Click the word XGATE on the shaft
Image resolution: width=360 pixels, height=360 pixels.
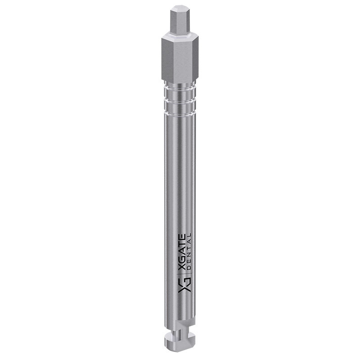click(x=182, y=252)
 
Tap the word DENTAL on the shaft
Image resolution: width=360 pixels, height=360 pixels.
click(x=189, y=252)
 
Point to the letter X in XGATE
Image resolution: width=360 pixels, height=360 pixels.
click(x=182, y=267)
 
